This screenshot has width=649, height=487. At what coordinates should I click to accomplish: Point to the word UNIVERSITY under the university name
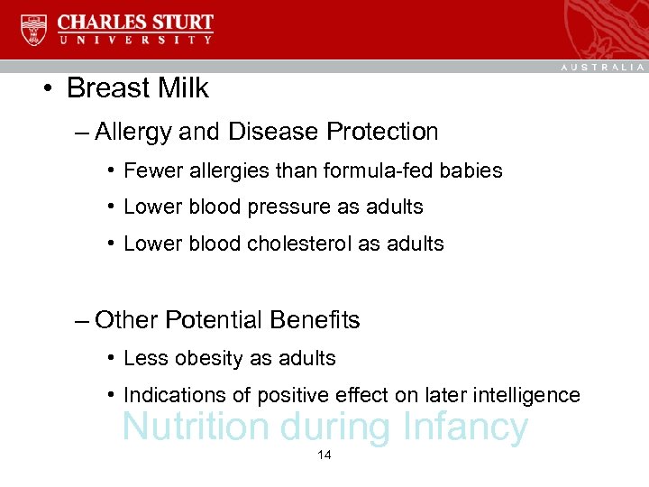(x=135, y=41)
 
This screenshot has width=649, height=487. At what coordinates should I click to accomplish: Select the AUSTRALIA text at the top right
(x=602, y=67)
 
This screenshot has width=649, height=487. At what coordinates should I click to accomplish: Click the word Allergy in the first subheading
(x=133, y=133)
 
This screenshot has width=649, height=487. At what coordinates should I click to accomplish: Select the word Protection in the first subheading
(x=382, y=132)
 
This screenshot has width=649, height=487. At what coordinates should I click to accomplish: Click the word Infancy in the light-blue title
(x=465, y=427)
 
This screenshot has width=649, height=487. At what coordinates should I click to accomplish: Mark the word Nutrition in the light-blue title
(x=195, y=427)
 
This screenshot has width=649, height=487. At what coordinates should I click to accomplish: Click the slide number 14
(x=324, y=455)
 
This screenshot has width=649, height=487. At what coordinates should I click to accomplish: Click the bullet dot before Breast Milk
(x=44, y=89)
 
